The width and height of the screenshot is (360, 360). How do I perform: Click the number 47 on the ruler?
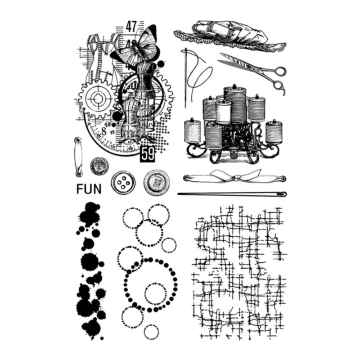point(131,26)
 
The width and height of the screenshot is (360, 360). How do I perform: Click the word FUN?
point(89,188)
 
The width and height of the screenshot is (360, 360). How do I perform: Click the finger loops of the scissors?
point(279,79)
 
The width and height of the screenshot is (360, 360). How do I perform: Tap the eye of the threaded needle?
point(184,53)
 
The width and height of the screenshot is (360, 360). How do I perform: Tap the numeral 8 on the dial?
point(103,131)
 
